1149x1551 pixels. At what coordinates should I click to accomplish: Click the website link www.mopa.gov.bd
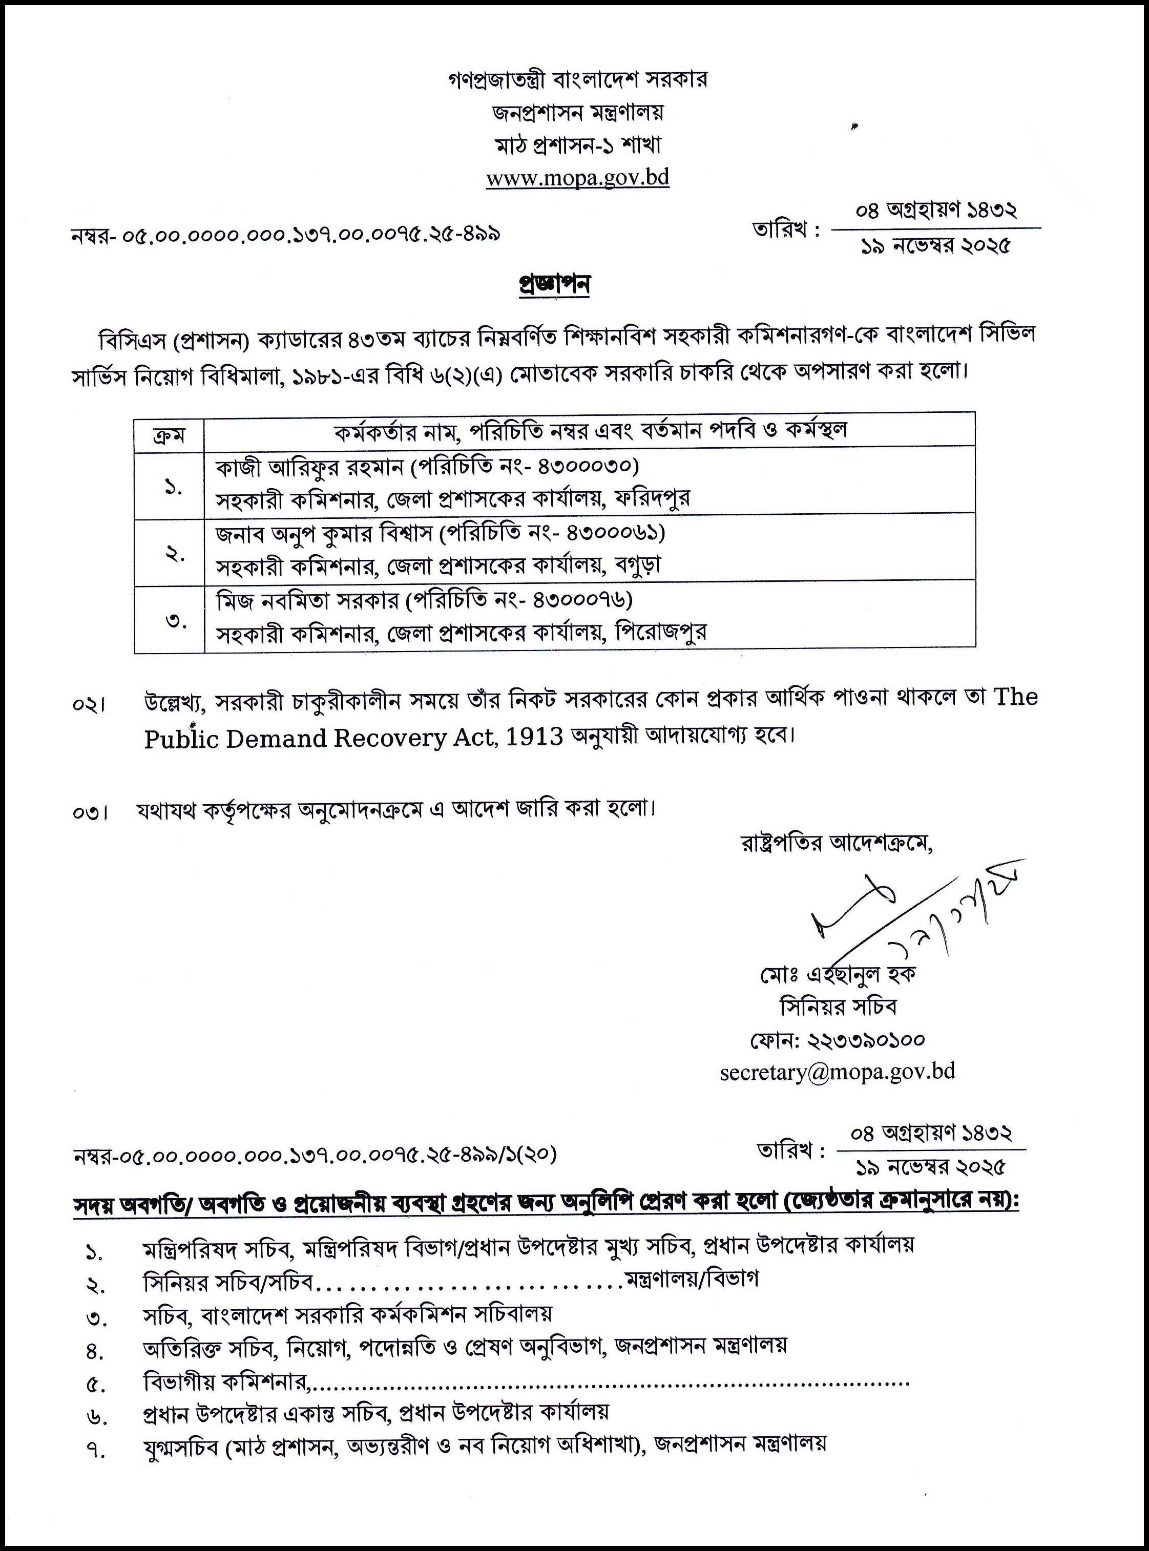(x=577, y=178)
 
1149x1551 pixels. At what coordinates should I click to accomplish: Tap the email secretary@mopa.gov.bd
(x=838, y=1072)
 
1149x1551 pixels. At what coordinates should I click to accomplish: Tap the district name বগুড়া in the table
(x=638, y=565)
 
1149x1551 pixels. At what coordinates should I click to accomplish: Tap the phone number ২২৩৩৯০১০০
(x=865, y=1040)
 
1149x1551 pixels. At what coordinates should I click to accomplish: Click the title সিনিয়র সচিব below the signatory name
(x=838, y=1007)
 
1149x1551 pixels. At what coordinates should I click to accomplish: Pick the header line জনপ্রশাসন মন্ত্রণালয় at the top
(x=577, y=112)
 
